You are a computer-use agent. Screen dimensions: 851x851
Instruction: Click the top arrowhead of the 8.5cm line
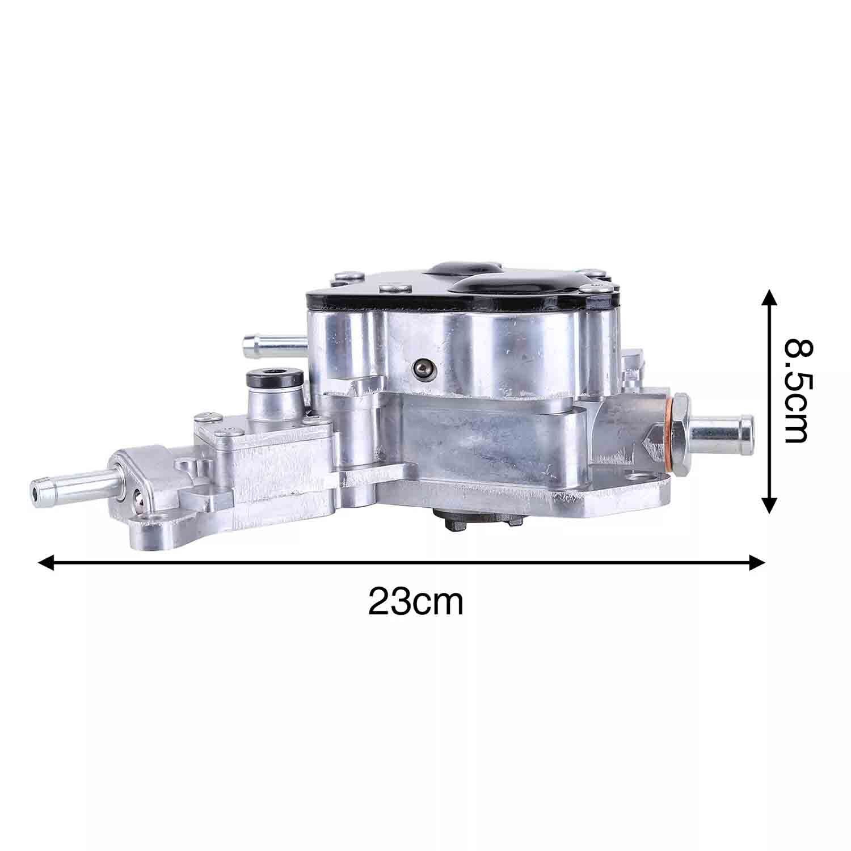click(768, 298)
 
